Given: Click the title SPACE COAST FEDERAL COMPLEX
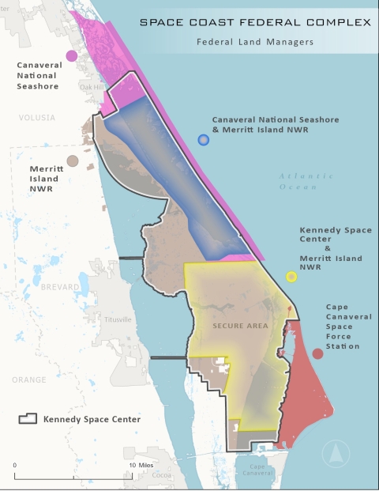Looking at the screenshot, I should click(255, 22).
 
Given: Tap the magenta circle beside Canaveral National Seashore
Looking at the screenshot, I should click(72, 55).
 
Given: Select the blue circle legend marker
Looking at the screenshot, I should click(204, 140).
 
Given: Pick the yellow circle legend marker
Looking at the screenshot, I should click(291, 277).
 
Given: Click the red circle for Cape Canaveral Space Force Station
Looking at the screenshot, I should click(317, 353).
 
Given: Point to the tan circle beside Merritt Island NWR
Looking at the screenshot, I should click(72, 161).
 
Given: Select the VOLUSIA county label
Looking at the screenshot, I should click(37, 118).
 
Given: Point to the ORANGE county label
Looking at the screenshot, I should click(28, 380).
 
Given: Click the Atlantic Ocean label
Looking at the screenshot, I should click(298, 181).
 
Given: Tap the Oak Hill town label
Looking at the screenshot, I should click(92, 87).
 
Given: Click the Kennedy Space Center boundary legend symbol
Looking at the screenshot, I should click(28, 418).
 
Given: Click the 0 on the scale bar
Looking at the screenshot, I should click(15, 465).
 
